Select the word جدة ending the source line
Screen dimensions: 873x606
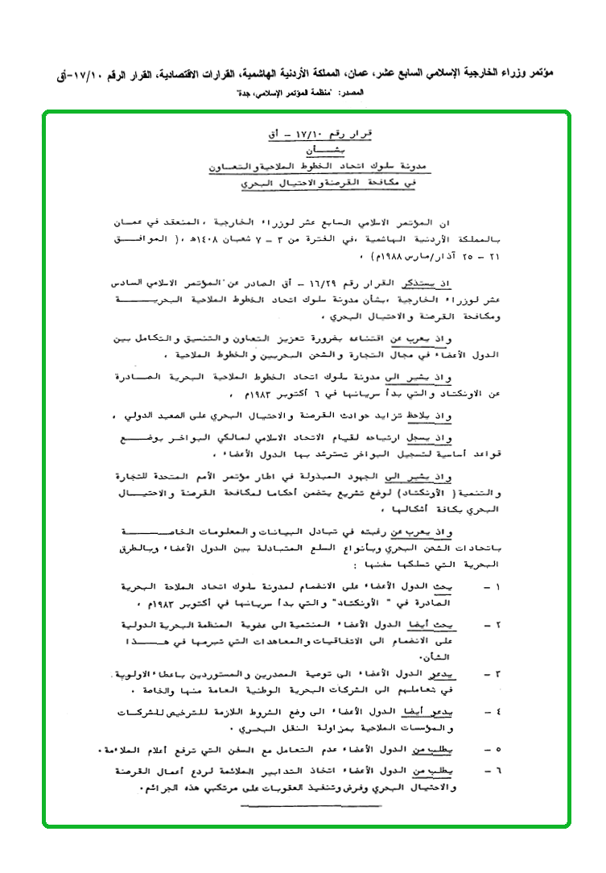coord(239,93)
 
